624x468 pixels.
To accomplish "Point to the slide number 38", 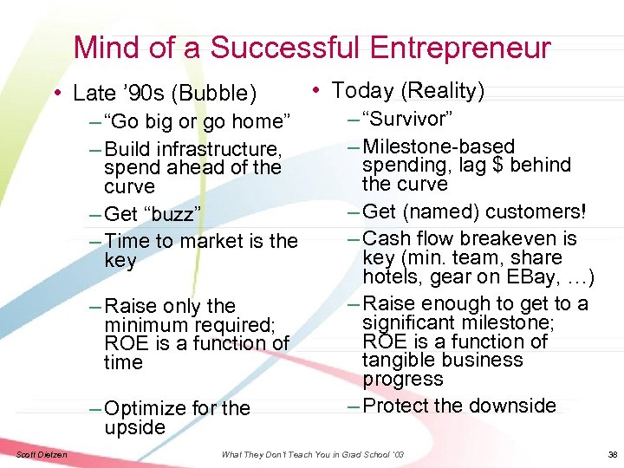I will click(x=612, y=454).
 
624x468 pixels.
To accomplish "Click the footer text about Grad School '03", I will click(x=312, y=454).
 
